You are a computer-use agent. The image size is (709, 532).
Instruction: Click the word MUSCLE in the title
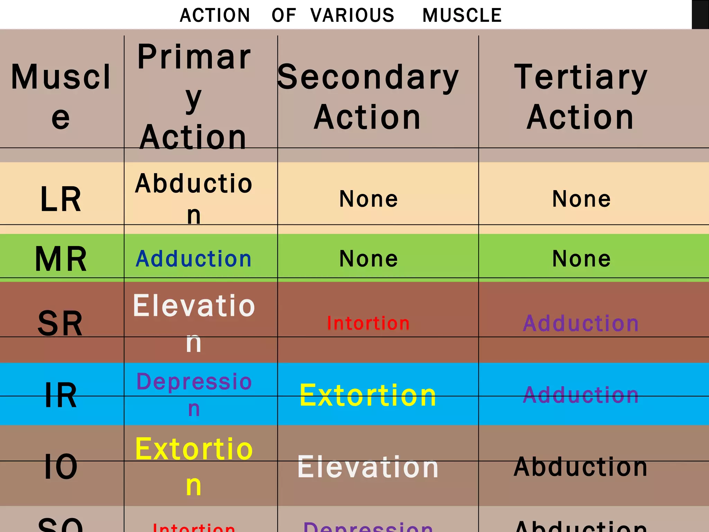pos(462,16)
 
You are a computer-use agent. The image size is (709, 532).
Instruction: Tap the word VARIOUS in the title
pos(352,16)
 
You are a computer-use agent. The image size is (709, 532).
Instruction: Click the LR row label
pos(61,199)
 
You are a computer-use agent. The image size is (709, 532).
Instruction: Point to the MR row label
pos(61,259)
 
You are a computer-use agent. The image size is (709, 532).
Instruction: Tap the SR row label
pos(60,323)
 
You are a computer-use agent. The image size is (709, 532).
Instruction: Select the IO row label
pos(61,467)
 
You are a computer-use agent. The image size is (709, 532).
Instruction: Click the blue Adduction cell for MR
pos(194,259)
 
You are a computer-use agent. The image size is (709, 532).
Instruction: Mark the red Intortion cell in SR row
pos(368,323)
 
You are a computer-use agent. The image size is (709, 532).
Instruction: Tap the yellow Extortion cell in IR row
pos(368,395)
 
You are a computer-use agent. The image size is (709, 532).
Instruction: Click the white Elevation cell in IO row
pos(368,467)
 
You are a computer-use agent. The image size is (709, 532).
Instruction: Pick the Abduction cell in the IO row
pos(581,467)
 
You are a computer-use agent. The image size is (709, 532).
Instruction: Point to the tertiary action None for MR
pos(581,259)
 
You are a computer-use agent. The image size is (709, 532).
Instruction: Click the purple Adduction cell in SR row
pos(581,323)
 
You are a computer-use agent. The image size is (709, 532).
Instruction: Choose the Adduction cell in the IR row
pos(581,395)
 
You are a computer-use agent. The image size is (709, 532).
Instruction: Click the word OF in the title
pos(284,16)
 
